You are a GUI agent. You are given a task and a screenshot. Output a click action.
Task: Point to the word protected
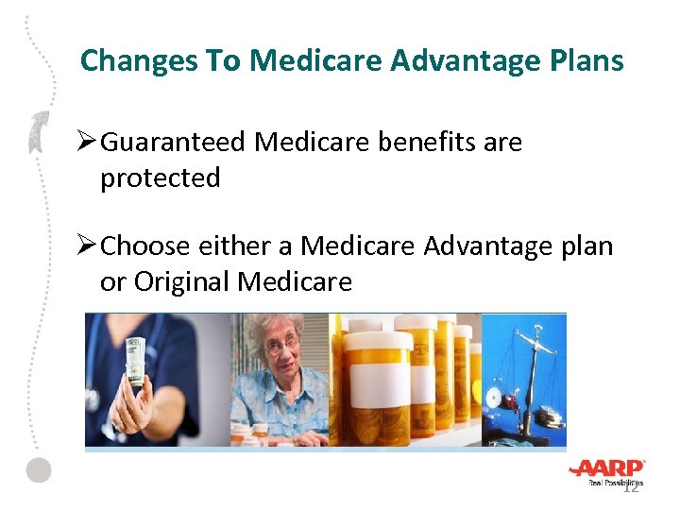[160, 178]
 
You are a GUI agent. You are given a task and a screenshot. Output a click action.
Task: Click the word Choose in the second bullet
[145, 246]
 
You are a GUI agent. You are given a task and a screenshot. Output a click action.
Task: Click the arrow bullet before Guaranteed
[87, 143]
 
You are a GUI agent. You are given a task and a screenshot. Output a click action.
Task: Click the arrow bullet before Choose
[87, 246]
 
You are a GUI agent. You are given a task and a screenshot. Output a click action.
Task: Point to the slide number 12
[631, 486]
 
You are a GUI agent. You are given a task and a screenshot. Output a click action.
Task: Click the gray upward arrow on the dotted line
[38, 131]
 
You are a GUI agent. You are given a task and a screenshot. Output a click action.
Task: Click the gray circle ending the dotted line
[38, 469]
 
